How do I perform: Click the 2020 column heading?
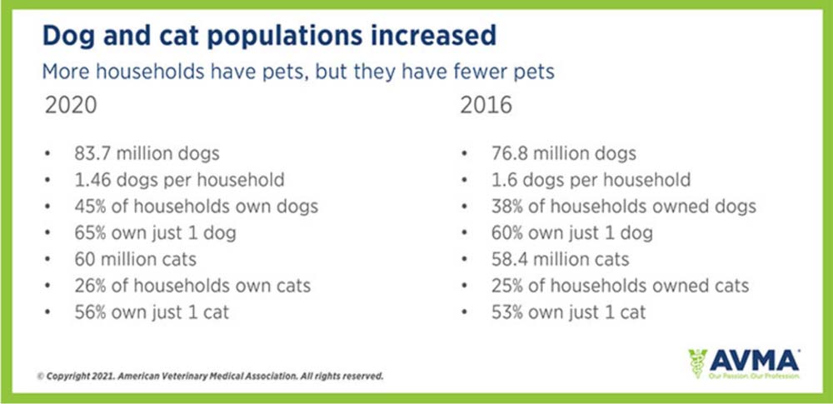pos(72,108)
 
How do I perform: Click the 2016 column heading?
pos(485,108)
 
